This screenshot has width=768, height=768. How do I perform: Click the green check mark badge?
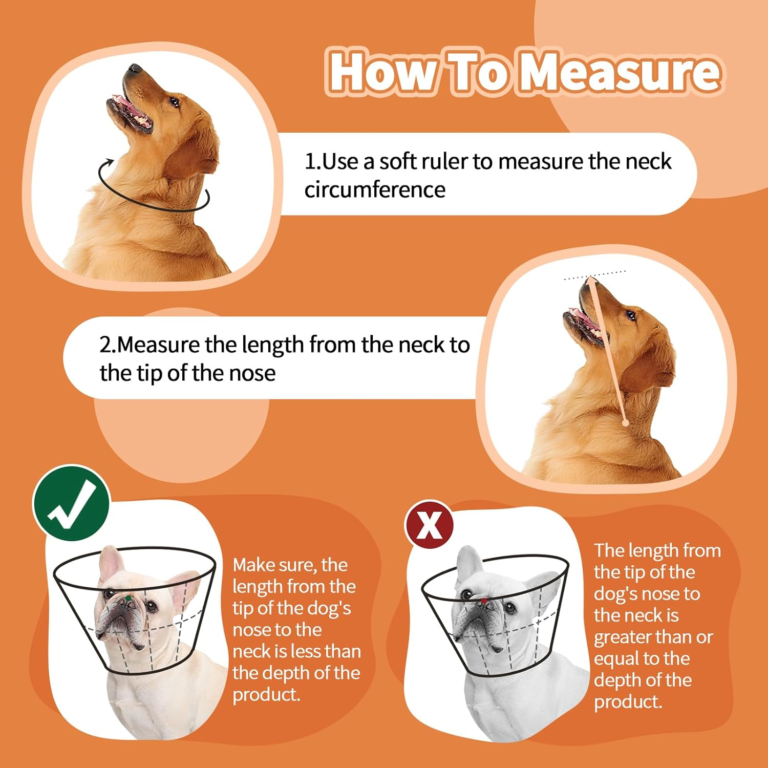coord(71,504)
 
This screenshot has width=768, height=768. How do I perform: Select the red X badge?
coord(429,524)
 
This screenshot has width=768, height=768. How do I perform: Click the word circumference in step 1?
coord(375,190)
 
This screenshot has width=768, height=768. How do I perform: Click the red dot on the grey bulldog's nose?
coord(483,601)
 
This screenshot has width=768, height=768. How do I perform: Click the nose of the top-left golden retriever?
coord(134,69)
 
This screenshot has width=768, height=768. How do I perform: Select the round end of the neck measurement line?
coord(625,423)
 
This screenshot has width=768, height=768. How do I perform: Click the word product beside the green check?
coord(266,695)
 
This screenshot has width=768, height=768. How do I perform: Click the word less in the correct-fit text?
coord(308,651)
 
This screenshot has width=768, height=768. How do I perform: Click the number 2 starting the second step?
coord(105,345)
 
